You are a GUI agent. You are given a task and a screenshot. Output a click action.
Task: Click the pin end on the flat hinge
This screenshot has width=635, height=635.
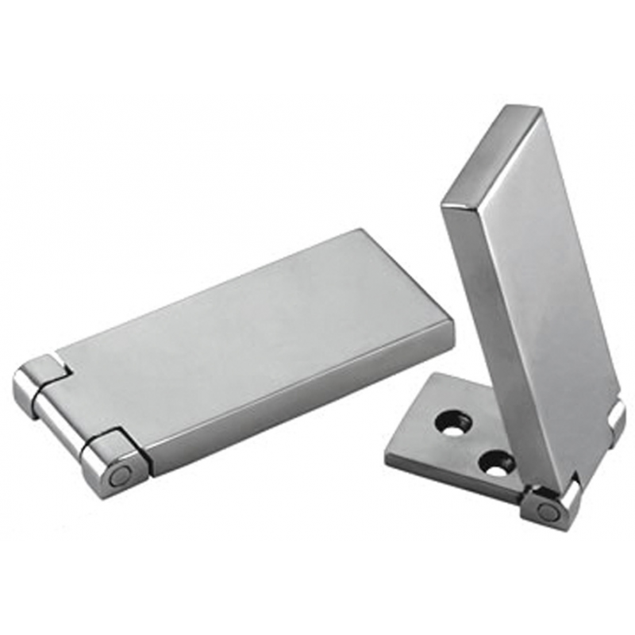pos(120,476)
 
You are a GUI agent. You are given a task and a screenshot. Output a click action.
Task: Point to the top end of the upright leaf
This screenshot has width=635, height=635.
pos(492,151)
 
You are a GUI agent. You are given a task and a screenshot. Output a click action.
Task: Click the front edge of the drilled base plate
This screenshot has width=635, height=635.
pos(452,484)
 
